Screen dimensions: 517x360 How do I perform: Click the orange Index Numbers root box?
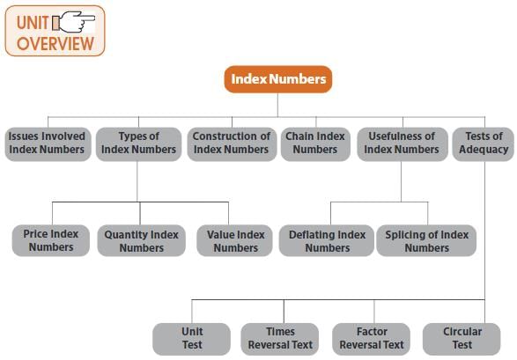click(278, 79)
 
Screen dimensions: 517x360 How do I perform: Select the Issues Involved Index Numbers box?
click(48, 144)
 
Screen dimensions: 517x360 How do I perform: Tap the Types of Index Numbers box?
click(139, 144)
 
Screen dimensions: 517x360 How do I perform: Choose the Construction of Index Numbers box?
click(232, 144)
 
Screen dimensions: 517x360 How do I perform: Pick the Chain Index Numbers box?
click(315, 144)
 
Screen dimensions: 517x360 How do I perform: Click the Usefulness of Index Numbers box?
click(403, 144)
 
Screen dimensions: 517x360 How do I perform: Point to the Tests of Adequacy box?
click(483, 144)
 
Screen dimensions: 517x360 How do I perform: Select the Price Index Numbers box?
click(51, 240)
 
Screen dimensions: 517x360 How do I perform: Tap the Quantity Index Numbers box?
click(142, 240)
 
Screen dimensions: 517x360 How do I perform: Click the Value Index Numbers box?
click(234, 240)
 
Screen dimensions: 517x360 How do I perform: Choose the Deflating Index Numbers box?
click(327, 240)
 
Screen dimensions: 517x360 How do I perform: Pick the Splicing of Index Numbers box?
click(426, 240)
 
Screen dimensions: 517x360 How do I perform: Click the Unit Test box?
click(192, 339)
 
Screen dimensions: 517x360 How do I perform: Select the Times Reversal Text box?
click(280, 339)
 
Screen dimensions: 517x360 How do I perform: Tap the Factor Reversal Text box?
click(372, 339)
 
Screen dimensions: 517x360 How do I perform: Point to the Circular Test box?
click(462, 339)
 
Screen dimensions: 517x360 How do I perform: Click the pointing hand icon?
click(74, 22)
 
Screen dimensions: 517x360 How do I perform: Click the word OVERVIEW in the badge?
click(55, 43)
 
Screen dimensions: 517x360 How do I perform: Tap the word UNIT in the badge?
click(33, 23)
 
